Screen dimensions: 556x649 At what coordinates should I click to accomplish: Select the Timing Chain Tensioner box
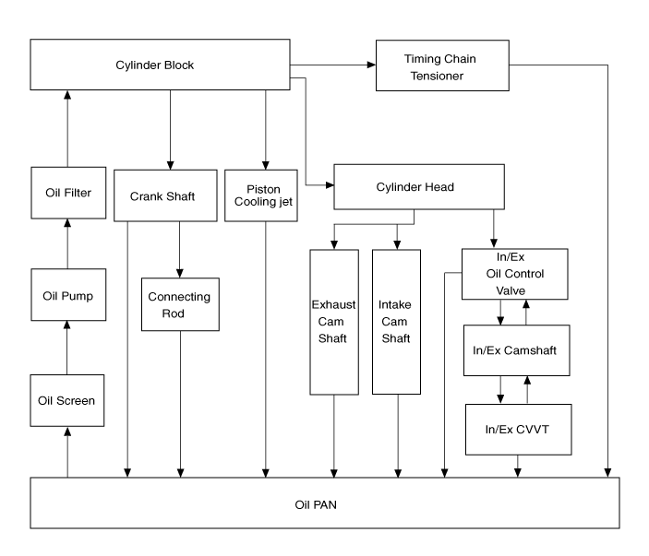pyautogui.click(x=443, y=66)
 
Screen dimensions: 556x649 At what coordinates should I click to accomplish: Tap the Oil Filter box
pyautogui.click(x=67, y=193)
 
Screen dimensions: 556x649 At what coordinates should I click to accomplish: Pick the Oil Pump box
pyautogui.click(x=67, y=296)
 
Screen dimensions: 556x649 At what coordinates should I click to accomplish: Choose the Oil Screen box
pyautogui.click(x=67, y=401)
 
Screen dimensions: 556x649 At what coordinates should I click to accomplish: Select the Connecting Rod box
pyautogui.click(x=179, y=304)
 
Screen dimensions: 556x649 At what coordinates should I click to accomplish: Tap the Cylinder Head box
pyautogui.click(x=419, y=187)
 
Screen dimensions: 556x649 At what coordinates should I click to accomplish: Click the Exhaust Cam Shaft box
pyautogui.click(x=333, y=321)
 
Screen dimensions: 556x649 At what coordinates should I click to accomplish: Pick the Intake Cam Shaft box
pyautogui.click(x=396, y=321)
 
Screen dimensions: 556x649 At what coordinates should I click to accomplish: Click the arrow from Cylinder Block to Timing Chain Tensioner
pyautogui.click(x=332, y=65)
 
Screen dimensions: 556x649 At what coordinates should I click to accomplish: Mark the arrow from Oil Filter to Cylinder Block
pyautogui.click(x=67, y=129)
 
